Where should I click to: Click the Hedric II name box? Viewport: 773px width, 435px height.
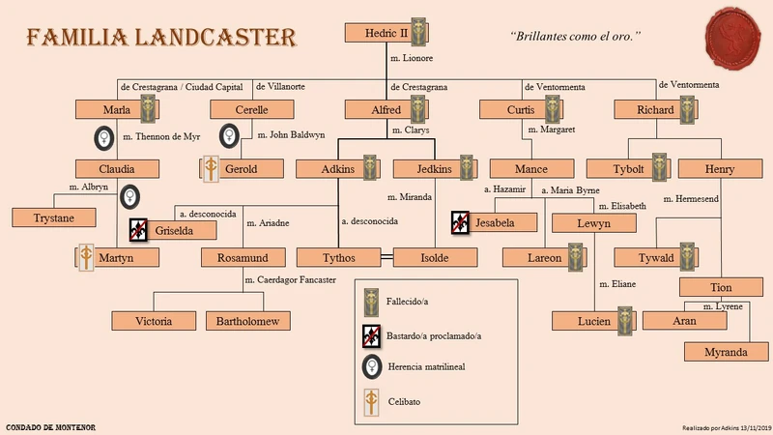coord(378,33)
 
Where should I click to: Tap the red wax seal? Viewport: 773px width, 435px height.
coord(736,35)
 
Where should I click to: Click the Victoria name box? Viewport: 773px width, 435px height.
coord(154,321)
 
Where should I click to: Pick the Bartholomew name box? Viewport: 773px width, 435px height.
coord(248,321)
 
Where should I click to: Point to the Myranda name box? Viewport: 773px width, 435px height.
coord(725,352)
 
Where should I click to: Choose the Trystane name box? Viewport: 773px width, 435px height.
coord(52,217)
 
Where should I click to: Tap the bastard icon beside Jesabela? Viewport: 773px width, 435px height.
coord(460,222)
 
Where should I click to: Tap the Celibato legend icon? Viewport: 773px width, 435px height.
coord(371,400)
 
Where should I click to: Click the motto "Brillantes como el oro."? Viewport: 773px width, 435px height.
coord(575,37)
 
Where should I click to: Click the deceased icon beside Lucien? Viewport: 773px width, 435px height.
coord(626,320)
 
